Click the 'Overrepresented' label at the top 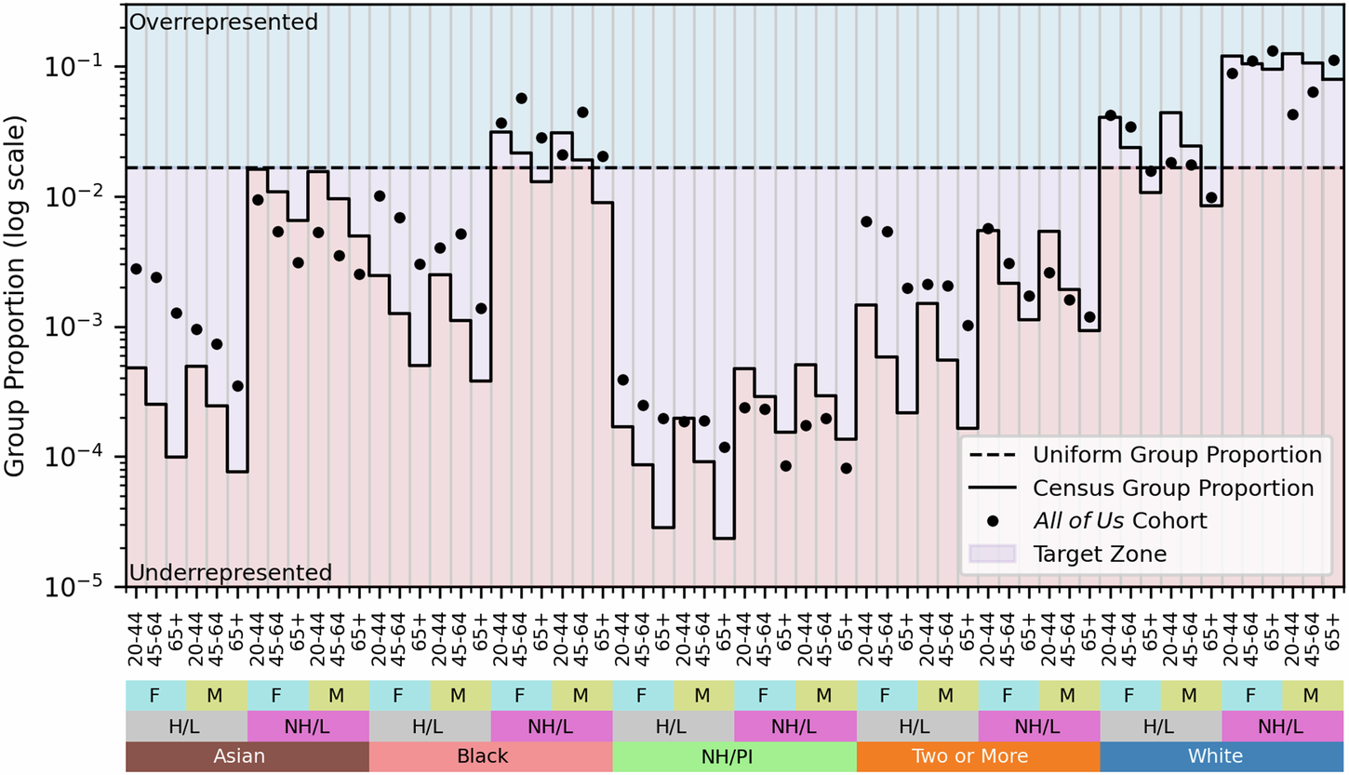click(x=223, y=20)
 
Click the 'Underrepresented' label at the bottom click(x=230, y=572)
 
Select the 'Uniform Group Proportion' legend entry click(x=1177, y=455)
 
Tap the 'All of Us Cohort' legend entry click(x=1119, y=521)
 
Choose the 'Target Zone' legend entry click(x=1099, y=554)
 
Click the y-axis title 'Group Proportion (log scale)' click(x=17, y=296)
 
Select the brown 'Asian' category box click(x=247, y=756)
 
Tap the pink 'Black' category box click(x=490, y=756)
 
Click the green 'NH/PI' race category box click(x=734, y=756)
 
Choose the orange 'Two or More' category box click(x=978, y=756)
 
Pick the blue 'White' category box click(x=1222, y=756)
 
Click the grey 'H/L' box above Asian click(x=186, y=726)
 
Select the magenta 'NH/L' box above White click(x=1282, y=726)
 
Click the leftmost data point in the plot click(x=136, y=269)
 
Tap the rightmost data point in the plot click(x=1333, y=60)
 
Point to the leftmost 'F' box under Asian click(x=155, y=694)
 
